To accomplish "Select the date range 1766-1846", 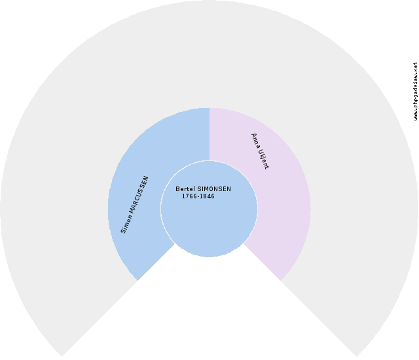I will (198, 197).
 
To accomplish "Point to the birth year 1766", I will (189, 197).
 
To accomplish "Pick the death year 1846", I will (208, 197).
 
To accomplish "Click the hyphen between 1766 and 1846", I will (198, 197).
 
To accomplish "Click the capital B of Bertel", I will (177, 190).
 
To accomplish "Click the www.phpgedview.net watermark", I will (415, 92).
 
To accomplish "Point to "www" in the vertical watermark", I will (415, 115).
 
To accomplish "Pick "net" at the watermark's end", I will (415, 67).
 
